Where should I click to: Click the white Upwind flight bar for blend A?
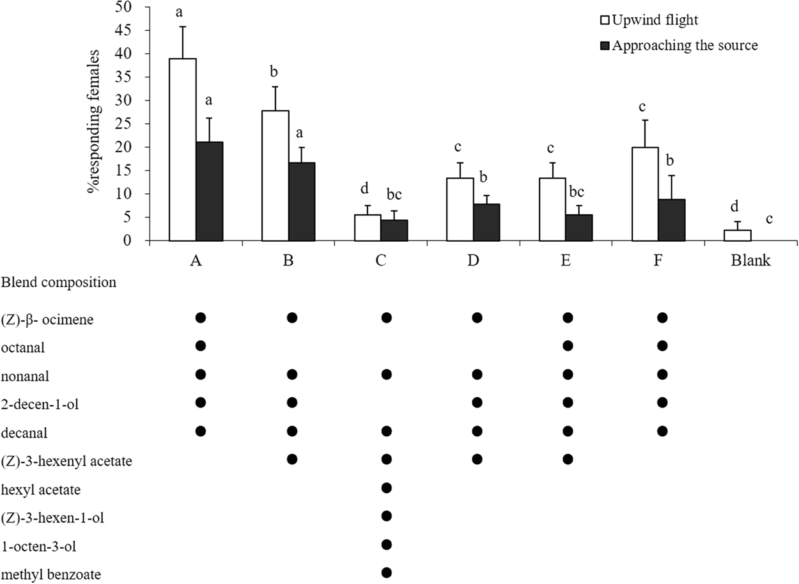coord(183,150)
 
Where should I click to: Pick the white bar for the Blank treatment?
coord(738,235)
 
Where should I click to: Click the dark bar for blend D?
coord(486,222)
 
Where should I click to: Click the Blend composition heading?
coord(59,282)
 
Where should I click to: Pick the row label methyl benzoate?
coord(51,574)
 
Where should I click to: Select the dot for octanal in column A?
coord(200,345)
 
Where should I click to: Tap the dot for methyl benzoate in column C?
coord(385,572)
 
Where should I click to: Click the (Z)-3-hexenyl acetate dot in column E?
coord(568,459)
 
